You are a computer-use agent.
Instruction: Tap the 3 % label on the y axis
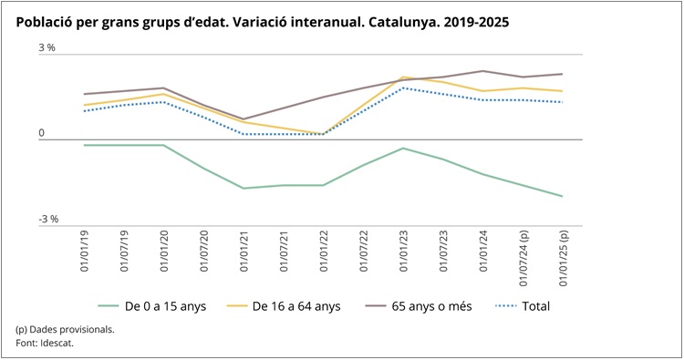tap(47, 48)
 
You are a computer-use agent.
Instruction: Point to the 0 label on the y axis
tap(41, 133)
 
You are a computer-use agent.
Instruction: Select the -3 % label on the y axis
tap(48, 219)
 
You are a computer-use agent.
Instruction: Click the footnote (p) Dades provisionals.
tap(65, 329)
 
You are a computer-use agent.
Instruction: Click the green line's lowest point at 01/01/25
tap(562, 196)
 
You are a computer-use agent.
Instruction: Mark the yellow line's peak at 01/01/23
tap(403, 77)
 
